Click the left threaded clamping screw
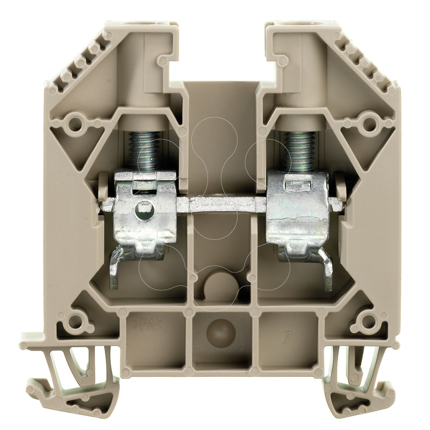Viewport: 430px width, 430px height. point(144,150)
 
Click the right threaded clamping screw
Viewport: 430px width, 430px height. point(299,150)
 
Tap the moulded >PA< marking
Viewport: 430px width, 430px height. point(147,326)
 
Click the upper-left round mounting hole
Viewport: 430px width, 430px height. point(74,124)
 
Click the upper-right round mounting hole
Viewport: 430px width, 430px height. point(369,124)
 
